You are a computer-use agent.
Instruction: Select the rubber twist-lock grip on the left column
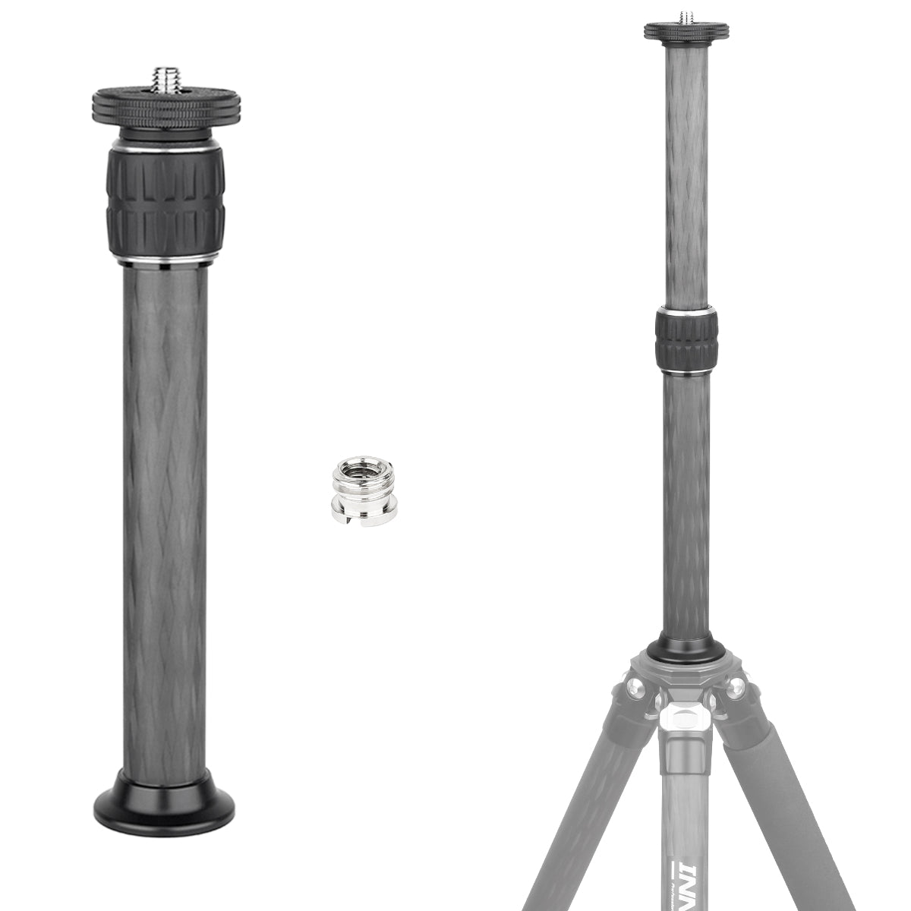pos(165,202)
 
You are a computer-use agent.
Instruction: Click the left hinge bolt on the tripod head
pos(634,691)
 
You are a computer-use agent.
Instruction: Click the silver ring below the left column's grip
pos(165,263)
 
